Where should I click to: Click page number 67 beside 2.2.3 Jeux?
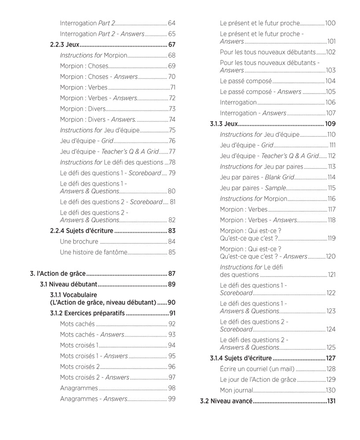[x=172, y=44]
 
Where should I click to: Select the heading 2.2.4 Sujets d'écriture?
[x=82, y=231]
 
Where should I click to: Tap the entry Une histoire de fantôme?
[x=93, y=252]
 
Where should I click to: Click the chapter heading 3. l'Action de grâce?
[x=58, y=273]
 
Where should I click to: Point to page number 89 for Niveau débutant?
[x=172, y=284]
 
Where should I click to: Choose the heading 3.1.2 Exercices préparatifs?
[x=88, y=313]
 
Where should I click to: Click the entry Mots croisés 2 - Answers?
[x=94, y=377]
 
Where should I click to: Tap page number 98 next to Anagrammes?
[x=172, y=388]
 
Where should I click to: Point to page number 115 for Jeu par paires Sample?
[x=331, y=188]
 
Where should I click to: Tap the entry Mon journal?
[x=236, y=390]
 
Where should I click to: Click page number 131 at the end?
[x=331, y=401]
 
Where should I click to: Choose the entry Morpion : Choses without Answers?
[x=84, y=66]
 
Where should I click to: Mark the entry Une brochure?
[x=79, y=241]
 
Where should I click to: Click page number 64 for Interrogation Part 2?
[x=172, y=23]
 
